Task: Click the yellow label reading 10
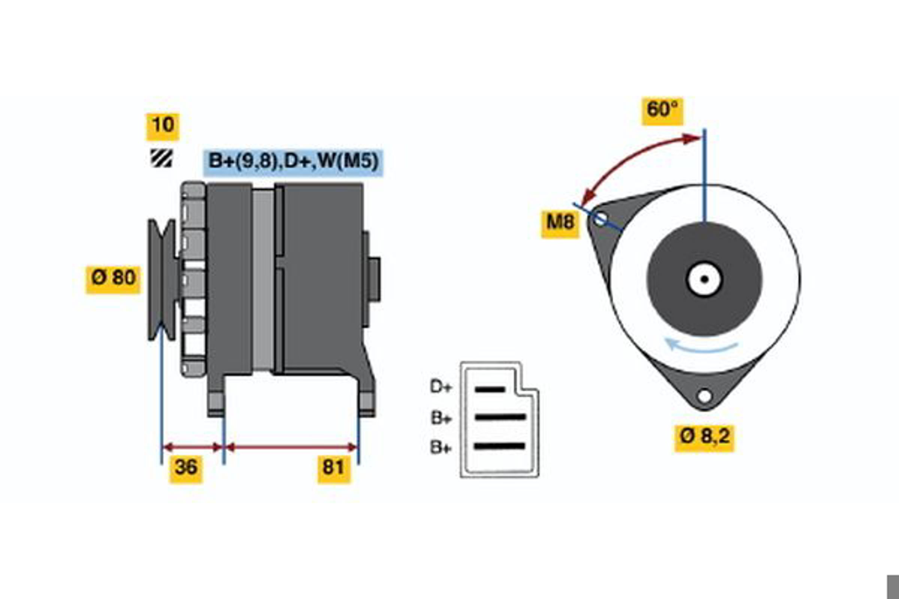163,127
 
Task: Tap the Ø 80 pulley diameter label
113,280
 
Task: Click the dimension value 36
186,469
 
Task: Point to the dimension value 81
334,469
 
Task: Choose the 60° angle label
662,112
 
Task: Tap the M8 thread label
560,224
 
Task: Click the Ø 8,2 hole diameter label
704,438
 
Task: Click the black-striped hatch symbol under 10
161,158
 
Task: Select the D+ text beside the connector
441,387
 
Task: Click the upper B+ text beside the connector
441,418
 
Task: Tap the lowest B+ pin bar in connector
500,446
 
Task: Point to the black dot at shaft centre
705,279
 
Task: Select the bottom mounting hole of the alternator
705,396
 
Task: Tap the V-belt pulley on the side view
162,280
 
